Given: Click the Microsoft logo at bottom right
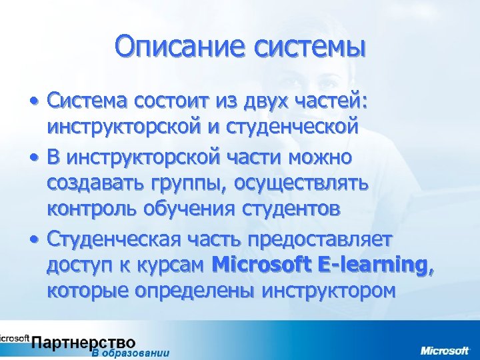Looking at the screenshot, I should pyautogui.click(x=444, y=350).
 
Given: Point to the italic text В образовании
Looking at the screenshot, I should pyautogui.click(x=131, y=354).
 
